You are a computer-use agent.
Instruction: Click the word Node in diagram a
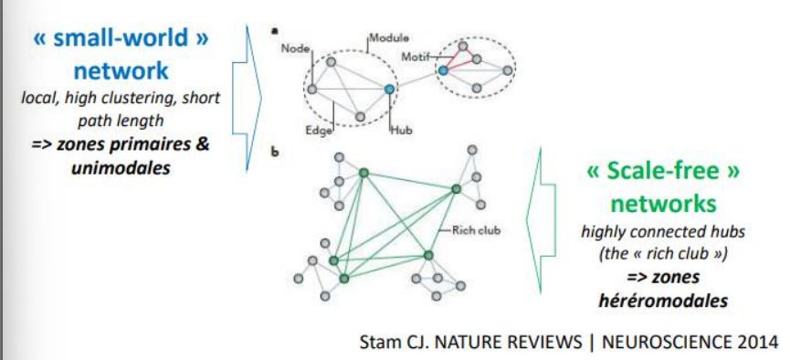293,47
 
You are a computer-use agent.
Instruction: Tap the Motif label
414,57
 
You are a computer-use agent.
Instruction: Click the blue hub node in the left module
390,88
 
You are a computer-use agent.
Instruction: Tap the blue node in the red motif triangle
443,69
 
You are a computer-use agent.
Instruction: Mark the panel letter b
274,151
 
